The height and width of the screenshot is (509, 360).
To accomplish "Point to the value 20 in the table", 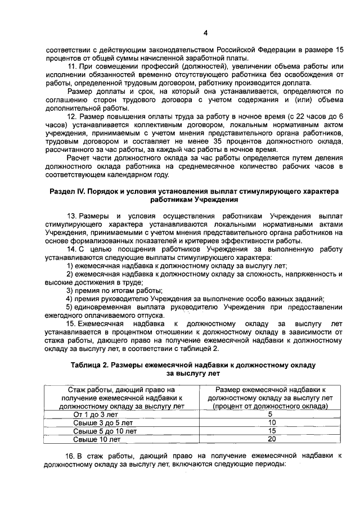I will coord(272,439).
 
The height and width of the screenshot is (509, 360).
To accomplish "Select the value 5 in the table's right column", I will coord(272,414).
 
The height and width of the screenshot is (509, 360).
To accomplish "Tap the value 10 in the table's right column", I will coord(272,422).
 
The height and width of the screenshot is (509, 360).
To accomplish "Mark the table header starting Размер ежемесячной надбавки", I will coord(272,397).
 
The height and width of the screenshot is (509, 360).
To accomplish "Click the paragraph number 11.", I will coord(71,67).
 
